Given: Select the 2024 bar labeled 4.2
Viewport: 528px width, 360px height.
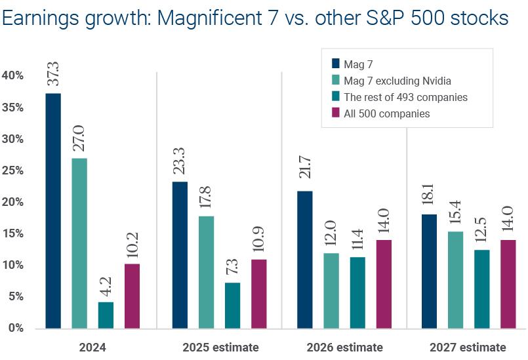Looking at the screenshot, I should [x=106, y=315].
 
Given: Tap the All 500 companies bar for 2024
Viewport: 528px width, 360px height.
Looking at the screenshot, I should [x=132, y=296].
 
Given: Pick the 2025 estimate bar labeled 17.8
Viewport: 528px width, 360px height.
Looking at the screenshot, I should [x=206, y=271].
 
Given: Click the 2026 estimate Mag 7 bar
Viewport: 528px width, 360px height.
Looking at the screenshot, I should [x=305, y=259].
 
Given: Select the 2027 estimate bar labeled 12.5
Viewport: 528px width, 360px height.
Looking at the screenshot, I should [x=482, y=289].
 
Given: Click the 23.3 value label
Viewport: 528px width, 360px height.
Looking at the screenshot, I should [x=180, y=161].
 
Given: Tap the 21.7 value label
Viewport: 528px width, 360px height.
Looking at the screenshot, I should [x=306, y=171].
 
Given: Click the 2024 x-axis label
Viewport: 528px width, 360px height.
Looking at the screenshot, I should [x=92, y=347].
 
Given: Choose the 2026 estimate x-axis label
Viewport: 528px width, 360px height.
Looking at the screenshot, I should [x=344, y=347].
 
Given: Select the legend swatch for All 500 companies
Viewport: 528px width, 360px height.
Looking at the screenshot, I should [x=336, y=113].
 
